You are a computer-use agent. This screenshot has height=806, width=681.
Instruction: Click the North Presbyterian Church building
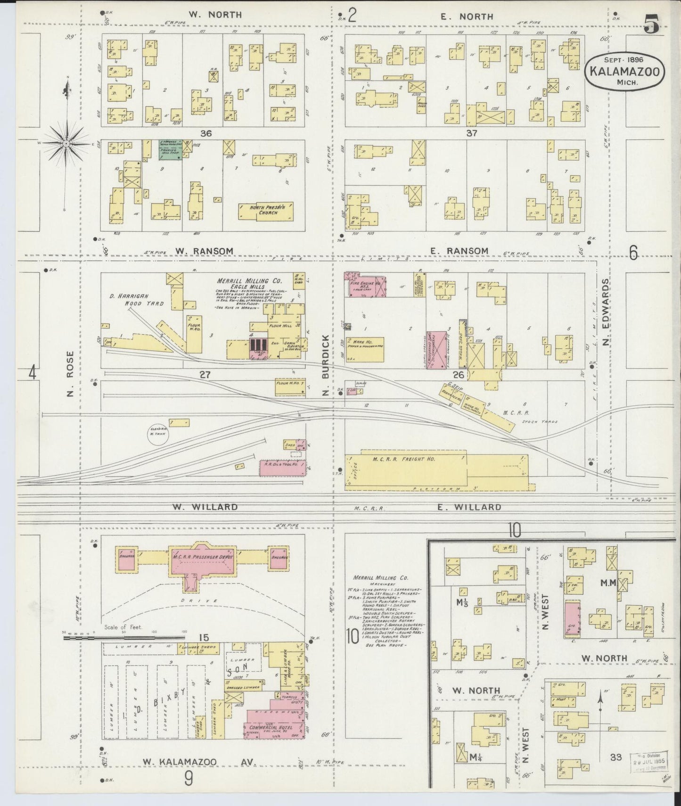(x=265, y=211)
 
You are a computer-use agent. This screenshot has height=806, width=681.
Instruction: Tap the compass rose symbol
(x=66, y=142)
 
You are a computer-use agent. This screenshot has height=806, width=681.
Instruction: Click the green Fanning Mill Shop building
(x=169, y=150)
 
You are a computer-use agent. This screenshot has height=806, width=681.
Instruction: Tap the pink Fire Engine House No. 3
(x=365, y=285)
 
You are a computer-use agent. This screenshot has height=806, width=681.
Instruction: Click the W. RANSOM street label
(x=198, y=251)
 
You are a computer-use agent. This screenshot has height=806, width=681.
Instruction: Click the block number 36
(x=205, y=133)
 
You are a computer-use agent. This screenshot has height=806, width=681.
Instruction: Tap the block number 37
(x=471, y=133)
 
